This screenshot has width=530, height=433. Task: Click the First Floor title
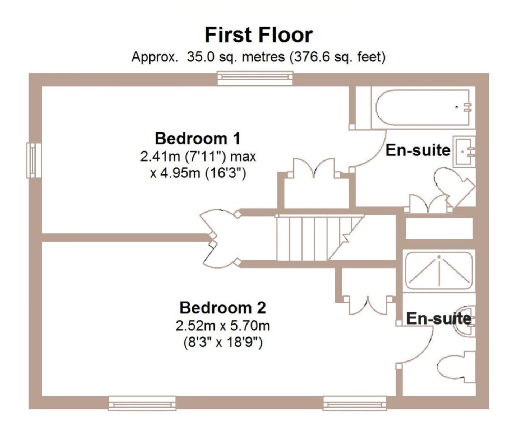tap(259, 35)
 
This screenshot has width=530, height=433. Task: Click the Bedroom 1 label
tap(198, 138)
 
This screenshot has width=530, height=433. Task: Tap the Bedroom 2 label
tap(222, 308)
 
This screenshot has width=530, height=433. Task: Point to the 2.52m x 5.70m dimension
tap(222, 326)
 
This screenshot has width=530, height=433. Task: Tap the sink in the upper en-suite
tap(464, 152)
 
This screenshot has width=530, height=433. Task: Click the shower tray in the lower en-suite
tap(439, 270)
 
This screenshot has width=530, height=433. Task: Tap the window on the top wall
tap(255, 78)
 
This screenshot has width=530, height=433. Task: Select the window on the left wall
tap(34, 160)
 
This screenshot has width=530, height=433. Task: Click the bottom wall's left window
tap(142, 403)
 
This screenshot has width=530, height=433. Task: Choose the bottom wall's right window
tap(355, 403)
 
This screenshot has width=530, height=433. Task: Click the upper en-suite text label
tap(418, 150)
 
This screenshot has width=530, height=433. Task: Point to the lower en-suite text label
tap(438, 318)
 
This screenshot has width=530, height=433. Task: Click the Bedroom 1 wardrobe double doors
tap(314, 168)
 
